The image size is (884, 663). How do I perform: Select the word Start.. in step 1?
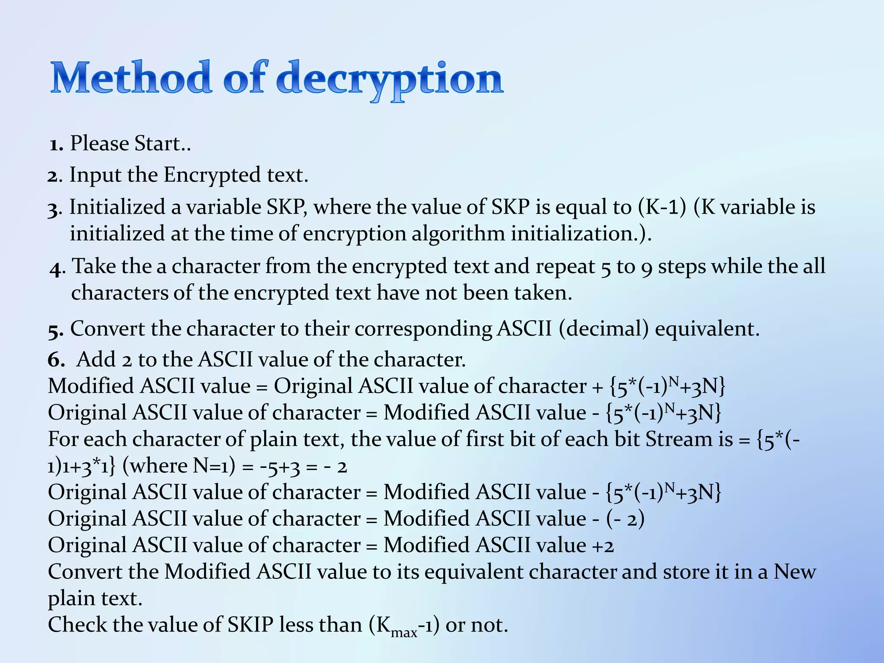tap(163, 143)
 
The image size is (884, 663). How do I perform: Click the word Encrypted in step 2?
tap(212, 176)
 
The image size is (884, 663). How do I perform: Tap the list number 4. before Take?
tap(57, 268)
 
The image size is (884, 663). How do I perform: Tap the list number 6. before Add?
tap(56, 360)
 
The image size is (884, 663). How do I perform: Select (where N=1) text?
tap(179, 466)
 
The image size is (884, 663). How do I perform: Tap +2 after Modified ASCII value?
tap(603, 546)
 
